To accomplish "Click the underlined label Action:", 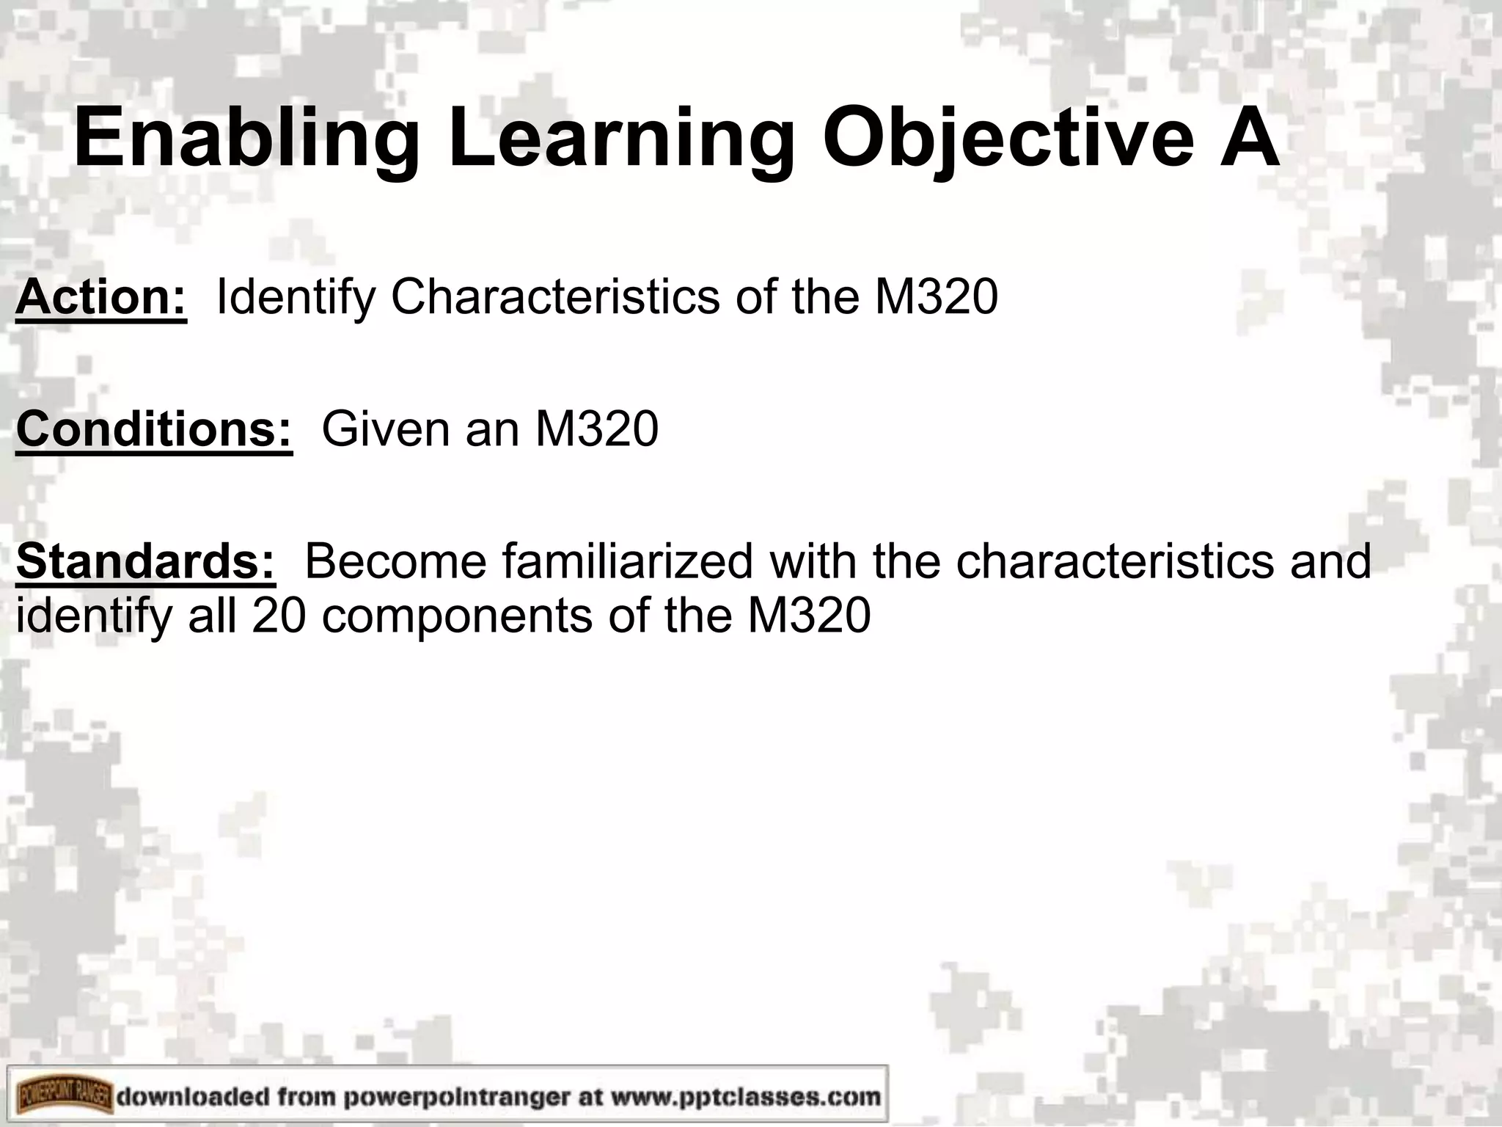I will pyautogui.click(x=101, y=297).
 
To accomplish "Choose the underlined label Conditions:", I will pyautogui.click(x=154, y=429).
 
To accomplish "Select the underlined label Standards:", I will pyautogui.click(x=146, y=561).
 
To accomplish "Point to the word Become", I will pyautogui.click(x=395, y=561).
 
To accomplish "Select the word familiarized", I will pyautogui.click(x=628, y=561).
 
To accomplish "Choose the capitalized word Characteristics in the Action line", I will pyautogui.click(x=555, y=297).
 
